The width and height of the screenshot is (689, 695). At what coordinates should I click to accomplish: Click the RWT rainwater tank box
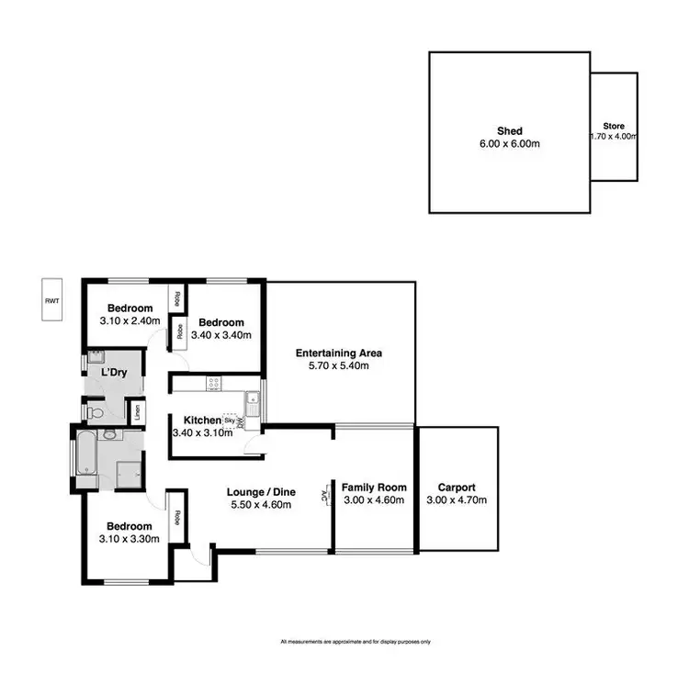(x=51, y=300)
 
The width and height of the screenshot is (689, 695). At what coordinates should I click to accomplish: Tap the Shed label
(x=509, y=131)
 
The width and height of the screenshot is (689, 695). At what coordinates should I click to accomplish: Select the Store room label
(x=614, y=125)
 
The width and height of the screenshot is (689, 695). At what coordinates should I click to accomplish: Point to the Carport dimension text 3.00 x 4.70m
(x=457, y=500)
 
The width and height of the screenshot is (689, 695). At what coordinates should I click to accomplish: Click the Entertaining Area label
(x=339, y=353)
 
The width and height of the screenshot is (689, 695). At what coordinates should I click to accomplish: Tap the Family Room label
(x=374, y=488)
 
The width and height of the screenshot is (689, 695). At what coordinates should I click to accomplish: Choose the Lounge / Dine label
(x=260, y=492)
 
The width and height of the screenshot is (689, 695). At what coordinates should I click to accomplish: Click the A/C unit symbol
(x=325, y=496)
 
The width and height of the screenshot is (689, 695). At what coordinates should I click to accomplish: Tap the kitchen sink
(x=251, y=401)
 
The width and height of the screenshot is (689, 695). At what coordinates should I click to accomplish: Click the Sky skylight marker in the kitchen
(x=229, y=420)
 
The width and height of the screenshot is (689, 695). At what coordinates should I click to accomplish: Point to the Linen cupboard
(x=139, y=414)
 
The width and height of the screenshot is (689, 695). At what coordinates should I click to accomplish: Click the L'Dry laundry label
(x=114, y=372)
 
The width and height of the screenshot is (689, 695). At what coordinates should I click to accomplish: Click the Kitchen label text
(x=196, y=420)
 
